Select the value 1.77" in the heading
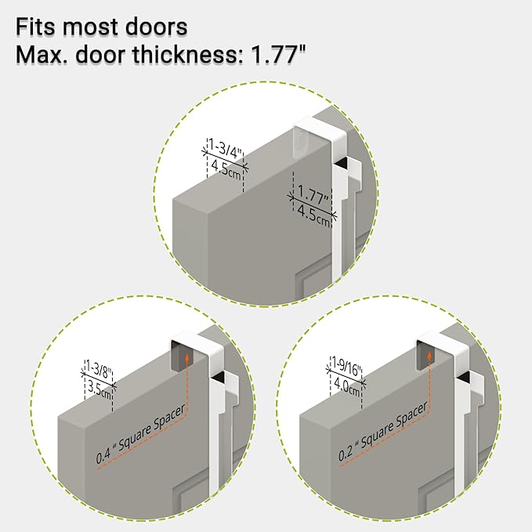pyautogui.click(x=278, y=54)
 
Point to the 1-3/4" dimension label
pyautogui.click(x=226, y=149)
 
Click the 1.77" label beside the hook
pyautogui.click(x=313, y=195)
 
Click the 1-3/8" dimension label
pyautogui.click(x=99, y=370)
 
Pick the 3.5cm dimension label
pyautogui.click(x=100, y=390)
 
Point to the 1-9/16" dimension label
pyautogui.click(x=347, y=367)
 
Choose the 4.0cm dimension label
pyautogui.click(x=347, y=387)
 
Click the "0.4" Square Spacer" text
pyautogui.click(x=141, y=433)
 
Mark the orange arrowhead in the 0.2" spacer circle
pyautogui.click(x=429, y=355)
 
